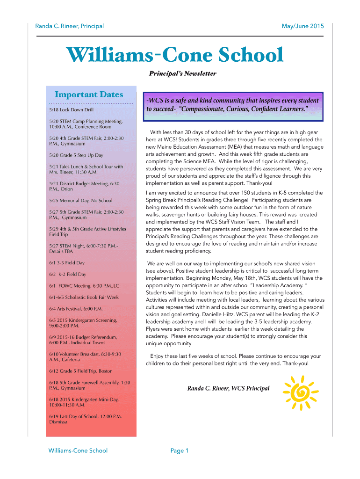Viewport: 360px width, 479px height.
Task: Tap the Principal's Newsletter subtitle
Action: point(182,73)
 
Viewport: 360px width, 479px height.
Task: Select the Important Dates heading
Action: point(89,94)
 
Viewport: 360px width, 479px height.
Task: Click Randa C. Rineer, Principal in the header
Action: point(70,26)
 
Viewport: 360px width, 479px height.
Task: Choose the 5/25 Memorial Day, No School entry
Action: point(80,201)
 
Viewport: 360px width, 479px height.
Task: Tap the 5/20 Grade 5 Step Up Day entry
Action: point(76,155)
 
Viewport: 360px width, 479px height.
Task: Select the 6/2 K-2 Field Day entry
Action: point(67,274)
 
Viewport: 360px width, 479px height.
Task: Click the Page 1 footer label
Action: point(180,450)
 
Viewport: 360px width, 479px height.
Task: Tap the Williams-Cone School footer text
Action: point(78,450)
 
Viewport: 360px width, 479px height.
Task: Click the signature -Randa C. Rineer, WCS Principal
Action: point(228,388)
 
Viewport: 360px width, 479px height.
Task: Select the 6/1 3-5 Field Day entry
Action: point(67,263)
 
